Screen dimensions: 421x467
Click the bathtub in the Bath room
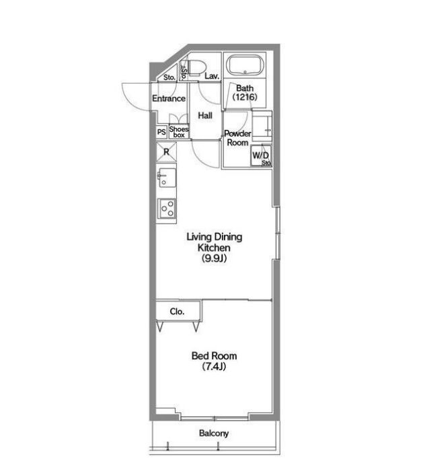pyautogui.click(x=245, y=65)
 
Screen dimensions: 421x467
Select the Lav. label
pyautogui.click(x=212, y=76)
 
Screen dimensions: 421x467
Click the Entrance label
pyautogui.click(x=169, y=98)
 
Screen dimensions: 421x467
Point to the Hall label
pyautogui.click(x=205, y=115)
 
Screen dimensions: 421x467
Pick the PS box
pyautogui.click(x=161, y=132)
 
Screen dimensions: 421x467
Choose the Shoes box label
pyautogui.click(x=179, y=132)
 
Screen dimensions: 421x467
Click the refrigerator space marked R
pyautogui.click(x=166, y=152)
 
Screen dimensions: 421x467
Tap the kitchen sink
pyautogui.click(x=167, y=177)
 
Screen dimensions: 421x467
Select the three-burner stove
pyautogui.click(x=167, y=209)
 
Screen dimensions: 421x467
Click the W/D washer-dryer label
pyautogui.click(x=260, y=155)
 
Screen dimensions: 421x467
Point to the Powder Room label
pyautogui.click(x=237, y=138)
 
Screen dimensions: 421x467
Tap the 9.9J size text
pyautogui.click(x=215, y=258)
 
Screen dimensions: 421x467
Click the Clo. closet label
pyautogui.click(x=177, y=312)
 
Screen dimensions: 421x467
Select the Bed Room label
pyautogui.click(x=214, y=355)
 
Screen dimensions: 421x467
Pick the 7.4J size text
pyautogui.click(x=214, y=366)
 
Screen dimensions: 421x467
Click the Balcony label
pyautogui.click(x=214, y=433)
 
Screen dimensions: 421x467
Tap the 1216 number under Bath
pyautogui.click(x=245, y=97)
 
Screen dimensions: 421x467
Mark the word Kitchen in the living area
pyautogui.click(x=214, y=248)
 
